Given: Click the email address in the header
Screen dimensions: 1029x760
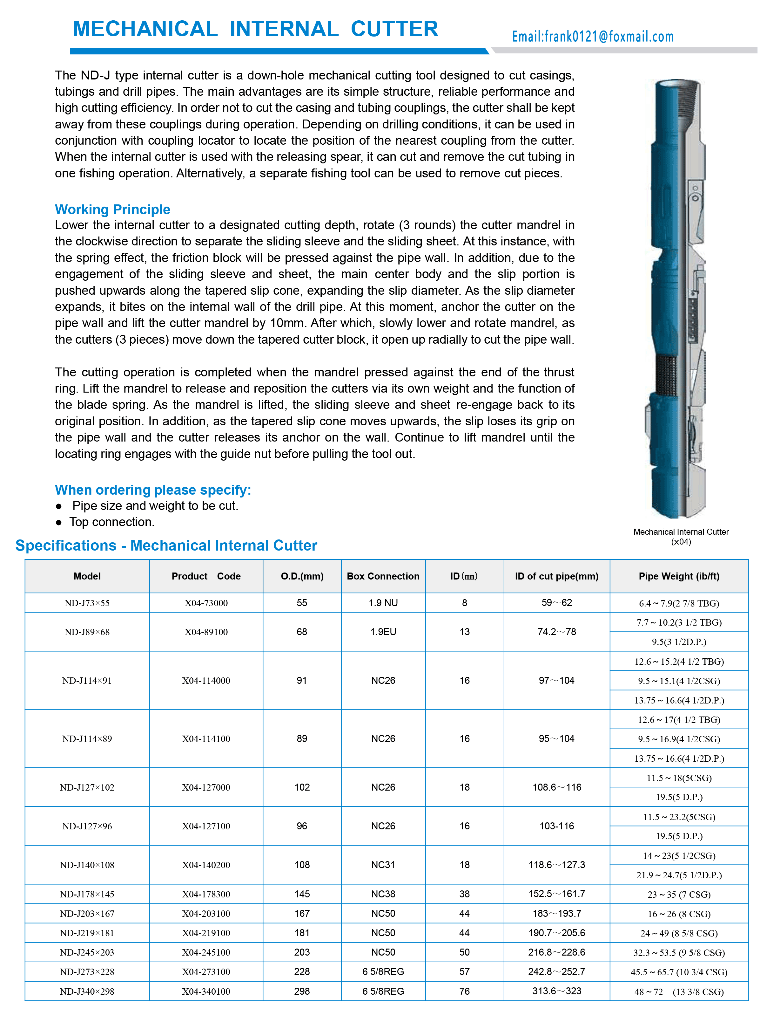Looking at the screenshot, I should click(x=593, y=36).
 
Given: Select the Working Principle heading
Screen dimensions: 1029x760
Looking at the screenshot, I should click(x=112, y=209).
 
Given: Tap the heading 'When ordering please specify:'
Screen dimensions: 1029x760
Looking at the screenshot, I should click(x=153, y=490).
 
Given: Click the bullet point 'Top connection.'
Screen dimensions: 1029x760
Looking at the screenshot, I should click(x=112, y=522).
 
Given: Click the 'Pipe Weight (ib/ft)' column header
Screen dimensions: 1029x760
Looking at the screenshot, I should click(x=679, y=576).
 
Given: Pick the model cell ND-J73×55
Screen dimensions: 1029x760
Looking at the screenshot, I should click(x=87, y=603).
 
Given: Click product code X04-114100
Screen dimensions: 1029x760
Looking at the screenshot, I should click(x=206, y=738).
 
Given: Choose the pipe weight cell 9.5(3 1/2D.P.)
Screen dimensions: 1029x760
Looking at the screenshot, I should click(x=679, y=641).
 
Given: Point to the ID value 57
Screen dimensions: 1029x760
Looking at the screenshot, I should click(x=464, y=971).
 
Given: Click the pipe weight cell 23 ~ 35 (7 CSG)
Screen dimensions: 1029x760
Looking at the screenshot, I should click(x=679, y=894).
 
